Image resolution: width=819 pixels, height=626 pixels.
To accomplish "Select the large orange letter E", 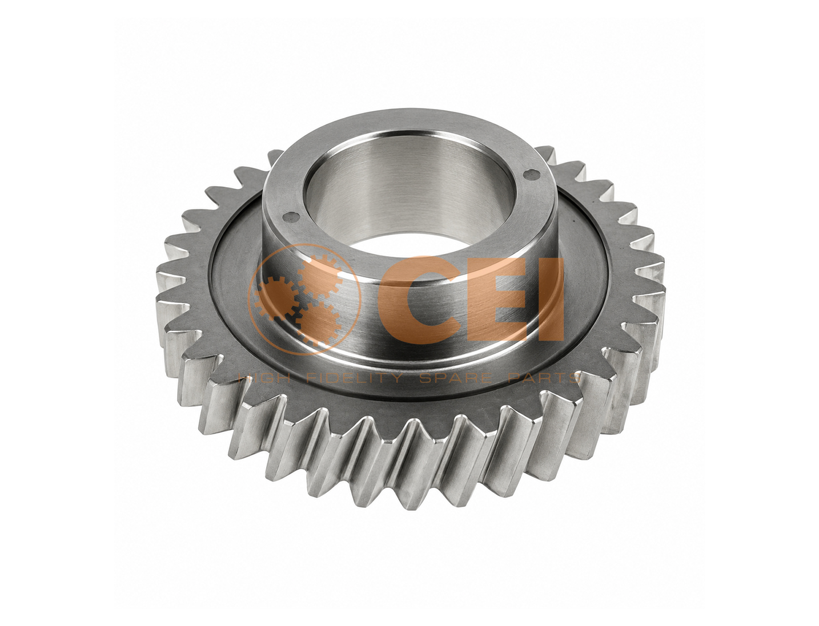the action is point(500,298).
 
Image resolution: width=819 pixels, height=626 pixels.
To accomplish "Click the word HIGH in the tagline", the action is point(264,378).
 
